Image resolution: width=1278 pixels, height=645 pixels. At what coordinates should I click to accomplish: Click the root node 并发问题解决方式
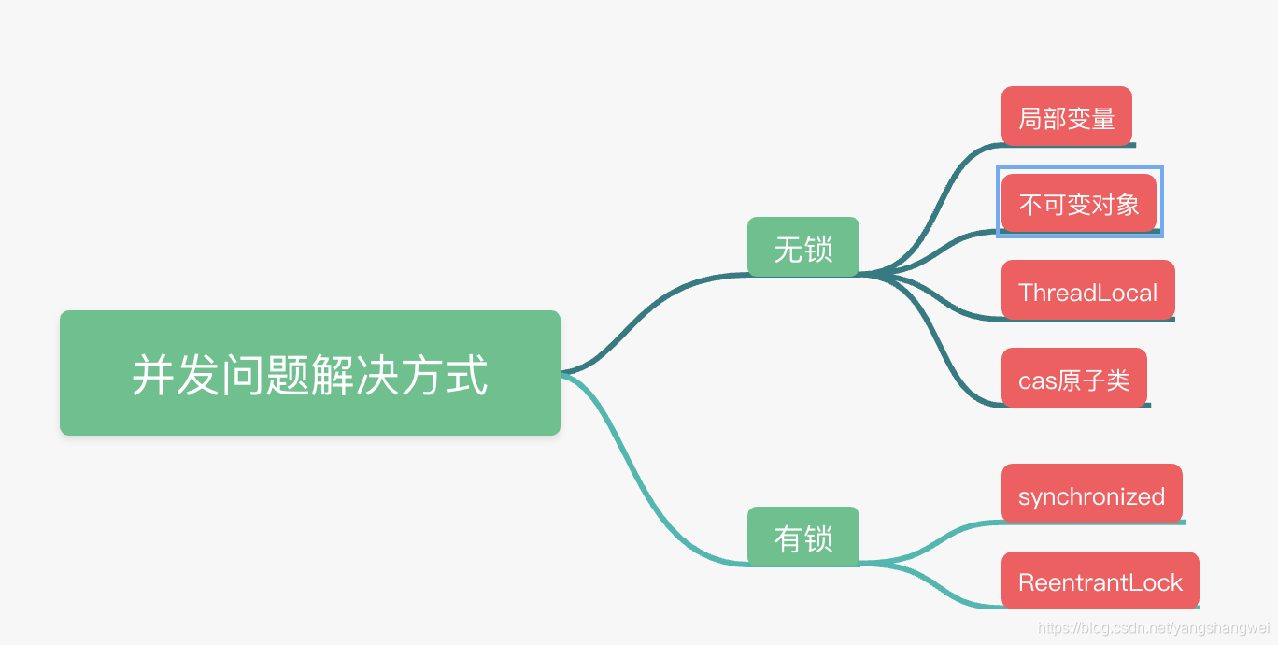[x=309, y=373]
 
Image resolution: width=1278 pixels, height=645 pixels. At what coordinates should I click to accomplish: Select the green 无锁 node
[x=802, y=247]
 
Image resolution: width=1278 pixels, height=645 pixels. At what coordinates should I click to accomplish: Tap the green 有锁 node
[x=802, y=537]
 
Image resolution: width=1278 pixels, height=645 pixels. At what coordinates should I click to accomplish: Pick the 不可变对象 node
[x=1078, y=203]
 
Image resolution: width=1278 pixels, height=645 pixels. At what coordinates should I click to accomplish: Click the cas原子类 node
[x=1073, y=378]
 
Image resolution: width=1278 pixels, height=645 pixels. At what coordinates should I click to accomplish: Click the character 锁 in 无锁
[x=817, y=249]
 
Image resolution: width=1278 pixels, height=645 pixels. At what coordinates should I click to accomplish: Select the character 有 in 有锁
[x=788, y=538]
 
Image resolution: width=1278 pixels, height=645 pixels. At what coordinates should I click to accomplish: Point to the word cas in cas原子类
[x=1036, y=380]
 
